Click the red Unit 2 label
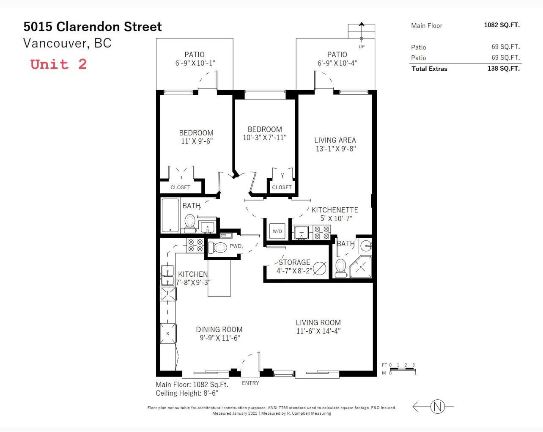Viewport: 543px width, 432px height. click(58, 64)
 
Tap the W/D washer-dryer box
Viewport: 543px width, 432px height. click(277, 231)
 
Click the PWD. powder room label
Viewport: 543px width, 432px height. click(236, 246)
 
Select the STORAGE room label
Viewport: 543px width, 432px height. click(294, 262)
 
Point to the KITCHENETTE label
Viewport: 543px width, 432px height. click(335, 210)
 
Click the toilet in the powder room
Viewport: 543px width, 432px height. click(217, 248)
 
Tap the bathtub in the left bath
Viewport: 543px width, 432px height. click(170, 215)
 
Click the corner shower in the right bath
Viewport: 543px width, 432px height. click(361, 267)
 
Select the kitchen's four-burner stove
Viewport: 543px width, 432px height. click(195, 245)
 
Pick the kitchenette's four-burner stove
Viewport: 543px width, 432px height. click(322, 232)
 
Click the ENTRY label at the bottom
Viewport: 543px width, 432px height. click(250, 383)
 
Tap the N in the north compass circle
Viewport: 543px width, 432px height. click(438, 407)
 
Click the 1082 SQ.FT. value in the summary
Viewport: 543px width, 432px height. click(502, 25)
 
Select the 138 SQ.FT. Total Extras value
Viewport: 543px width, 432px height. click(504, 69)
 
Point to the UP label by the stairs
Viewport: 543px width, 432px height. click(361, 47)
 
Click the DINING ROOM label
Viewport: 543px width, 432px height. click(219, 329)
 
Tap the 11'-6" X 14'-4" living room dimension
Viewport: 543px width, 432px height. click(318, 331)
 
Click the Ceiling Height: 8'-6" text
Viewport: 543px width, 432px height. click(187, 393)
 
